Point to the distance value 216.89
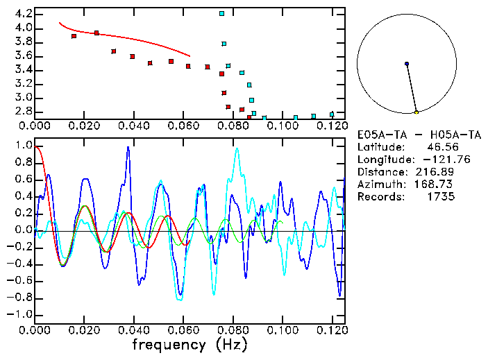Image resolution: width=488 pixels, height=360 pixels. (x=435, y=171)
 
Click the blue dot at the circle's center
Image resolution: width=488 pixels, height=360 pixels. (x=407, y=64)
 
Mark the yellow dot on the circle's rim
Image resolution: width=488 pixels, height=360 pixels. (x=416, y=112)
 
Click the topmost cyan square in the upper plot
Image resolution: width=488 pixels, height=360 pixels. (x=221, y=13)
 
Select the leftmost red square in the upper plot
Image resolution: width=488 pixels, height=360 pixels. (x=74, y=36)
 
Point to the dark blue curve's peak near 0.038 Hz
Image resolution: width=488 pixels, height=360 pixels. (x=128, y=147)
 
